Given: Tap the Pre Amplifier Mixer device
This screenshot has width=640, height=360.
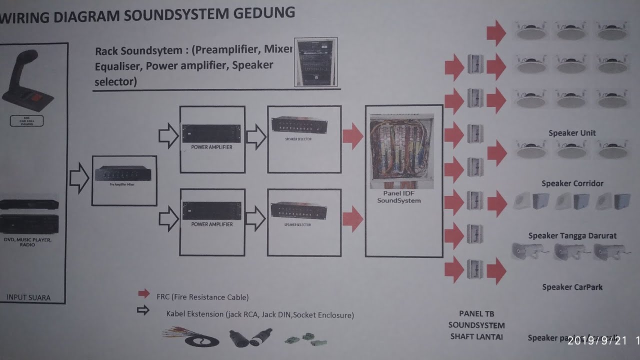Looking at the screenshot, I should (x=123, y=175).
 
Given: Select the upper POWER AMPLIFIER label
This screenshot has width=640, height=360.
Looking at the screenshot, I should (x=211, y=147).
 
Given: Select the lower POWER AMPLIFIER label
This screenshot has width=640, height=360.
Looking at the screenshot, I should (x=211, y=224).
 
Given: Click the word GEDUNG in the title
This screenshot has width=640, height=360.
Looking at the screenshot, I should (x=265, y=13).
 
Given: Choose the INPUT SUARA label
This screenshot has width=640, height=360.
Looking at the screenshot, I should (x=28, y=297).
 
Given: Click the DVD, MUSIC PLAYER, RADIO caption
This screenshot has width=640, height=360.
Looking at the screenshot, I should (x=28, y=242).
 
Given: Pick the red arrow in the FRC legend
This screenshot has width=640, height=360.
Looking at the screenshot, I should (x=144, y=293).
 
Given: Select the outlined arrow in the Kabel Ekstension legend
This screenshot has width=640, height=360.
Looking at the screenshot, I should (x=143, y=310).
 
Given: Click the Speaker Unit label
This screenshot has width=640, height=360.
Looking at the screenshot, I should (x=572, y=133).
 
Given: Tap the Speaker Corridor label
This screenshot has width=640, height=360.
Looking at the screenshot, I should (x=572, y=183).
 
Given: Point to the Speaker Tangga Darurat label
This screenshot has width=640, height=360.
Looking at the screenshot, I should (x=572, y=235).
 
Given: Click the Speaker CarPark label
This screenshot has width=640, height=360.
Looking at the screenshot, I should (x=572, y=287).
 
